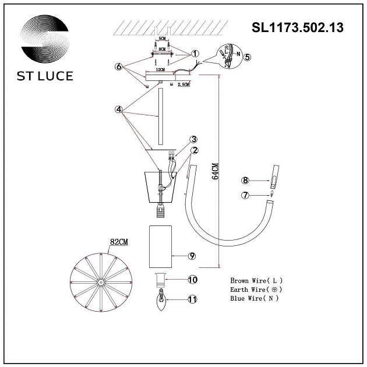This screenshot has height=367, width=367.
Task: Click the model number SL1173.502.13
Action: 297,27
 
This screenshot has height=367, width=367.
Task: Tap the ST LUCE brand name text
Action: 44,76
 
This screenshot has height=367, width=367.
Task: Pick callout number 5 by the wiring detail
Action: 247,57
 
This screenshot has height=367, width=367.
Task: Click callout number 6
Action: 119,67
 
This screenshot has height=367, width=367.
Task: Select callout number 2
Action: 195,150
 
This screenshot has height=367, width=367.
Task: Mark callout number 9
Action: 192,256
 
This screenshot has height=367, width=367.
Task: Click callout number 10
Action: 192,280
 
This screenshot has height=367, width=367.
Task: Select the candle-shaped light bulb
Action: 161,302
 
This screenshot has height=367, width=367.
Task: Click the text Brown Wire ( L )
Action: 256,280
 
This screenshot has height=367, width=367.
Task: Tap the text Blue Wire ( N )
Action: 255,298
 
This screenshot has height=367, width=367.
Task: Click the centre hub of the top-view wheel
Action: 100,283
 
